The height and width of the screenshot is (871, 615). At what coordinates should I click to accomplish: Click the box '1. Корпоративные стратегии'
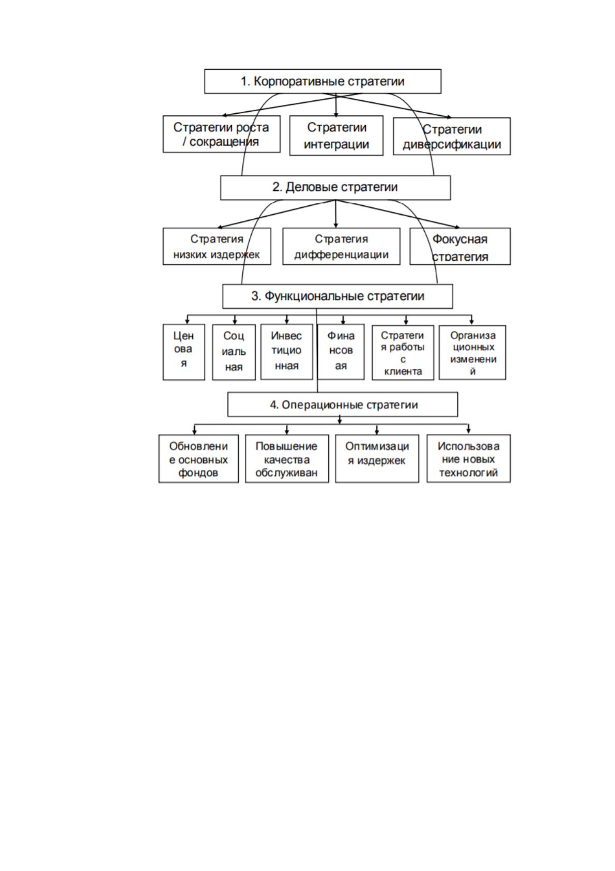(322, 81)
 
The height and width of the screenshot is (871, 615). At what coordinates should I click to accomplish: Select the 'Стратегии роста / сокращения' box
(221, 134)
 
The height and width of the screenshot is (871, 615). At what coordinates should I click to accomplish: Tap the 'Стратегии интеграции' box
(336, 136)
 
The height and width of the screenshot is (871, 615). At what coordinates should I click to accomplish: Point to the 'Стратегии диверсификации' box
(452, 136)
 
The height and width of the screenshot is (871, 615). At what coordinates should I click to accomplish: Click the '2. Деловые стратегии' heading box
(335, 187)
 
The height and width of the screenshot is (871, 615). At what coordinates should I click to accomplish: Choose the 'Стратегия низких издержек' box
(217, 246)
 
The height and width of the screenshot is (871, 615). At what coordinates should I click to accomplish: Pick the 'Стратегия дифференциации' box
(341, 246)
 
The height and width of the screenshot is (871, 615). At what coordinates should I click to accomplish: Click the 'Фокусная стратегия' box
(460, 246)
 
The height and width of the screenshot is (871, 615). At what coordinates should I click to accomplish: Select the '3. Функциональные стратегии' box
(337, 296)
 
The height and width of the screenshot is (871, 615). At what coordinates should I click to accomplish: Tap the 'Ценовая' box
(184, 352)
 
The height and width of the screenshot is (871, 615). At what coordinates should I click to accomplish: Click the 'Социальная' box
(234, 352)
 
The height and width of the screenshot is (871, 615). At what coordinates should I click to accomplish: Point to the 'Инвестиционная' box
(286, 352)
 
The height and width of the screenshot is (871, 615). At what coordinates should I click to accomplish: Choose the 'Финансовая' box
(341, 352)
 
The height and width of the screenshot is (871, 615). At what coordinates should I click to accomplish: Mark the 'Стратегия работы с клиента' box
(403, 352)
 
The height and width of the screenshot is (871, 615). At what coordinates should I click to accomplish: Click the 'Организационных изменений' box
(472, 352)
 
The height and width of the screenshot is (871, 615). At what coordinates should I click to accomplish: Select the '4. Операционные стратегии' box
(342, 404)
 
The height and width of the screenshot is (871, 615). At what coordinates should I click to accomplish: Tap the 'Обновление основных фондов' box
(198, 458)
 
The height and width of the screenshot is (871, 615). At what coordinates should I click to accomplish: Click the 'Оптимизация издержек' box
(377, 458)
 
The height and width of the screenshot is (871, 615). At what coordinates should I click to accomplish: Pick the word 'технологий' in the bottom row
(468, 473)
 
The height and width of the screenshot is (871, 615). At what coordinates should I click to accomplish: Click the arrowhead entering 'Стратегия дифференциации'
(336, 225)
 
